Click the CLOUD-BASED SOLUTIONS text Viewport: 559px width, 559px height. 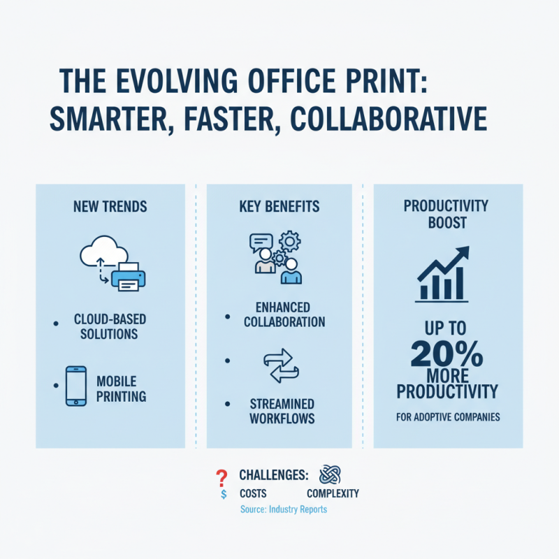click(110, 326)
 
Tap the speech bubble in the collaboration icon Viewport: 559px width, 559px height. click(261, 242)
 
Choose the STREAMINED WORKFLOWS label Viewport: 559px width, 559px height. click(282, 411)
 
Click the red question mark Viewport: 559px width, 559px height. click(222, 477)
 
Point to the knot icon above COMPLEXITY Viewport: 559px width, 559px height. click(329, 475)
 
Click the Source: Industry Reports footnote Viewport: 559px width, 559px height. click(283, 509)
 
